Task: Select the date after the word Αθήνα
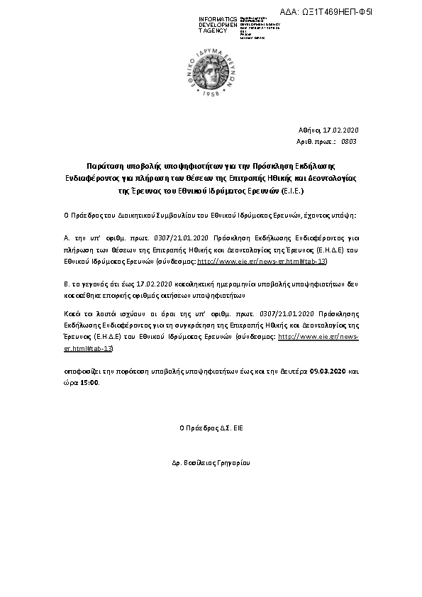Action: coord(341,130)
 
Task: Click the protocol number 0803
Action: coord(348,141)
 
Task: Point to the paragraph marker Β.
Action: coord(66,284)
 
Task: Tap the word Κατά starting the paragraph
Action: coord(72,313)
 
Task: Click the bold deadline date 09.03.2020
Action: coord(328,371)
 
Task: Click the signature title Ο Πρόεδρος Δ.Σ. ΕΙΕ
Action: coord(211,428)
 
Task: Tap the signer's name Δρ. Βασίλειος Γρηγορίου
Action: coord(211,462)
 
